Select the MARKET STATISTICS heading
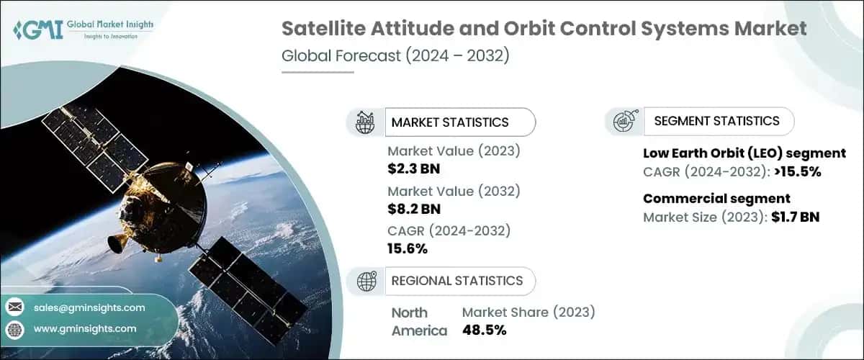pyautogui.click(x=449, y=122)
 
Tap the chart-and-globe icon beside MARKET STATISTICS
pyautogui.click(x=365, y=122)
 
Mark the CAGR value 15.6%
pyautogui.click(x=408, y=249)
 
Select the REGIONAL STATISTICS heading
pyautogui.click(x=456, y=280)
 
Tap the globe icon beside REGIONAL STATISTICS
pyautogui.click(x=365, y=281)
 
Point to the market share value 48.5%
pyautogui.click(x=484, y=330)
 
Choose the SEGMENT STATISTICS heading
pyautogui.click(x=716, y=121)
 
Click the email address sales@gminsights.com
pyautogui.click(x=89, y=307)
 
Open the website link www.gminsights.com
pyautogui.click(x=85, y=328)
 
